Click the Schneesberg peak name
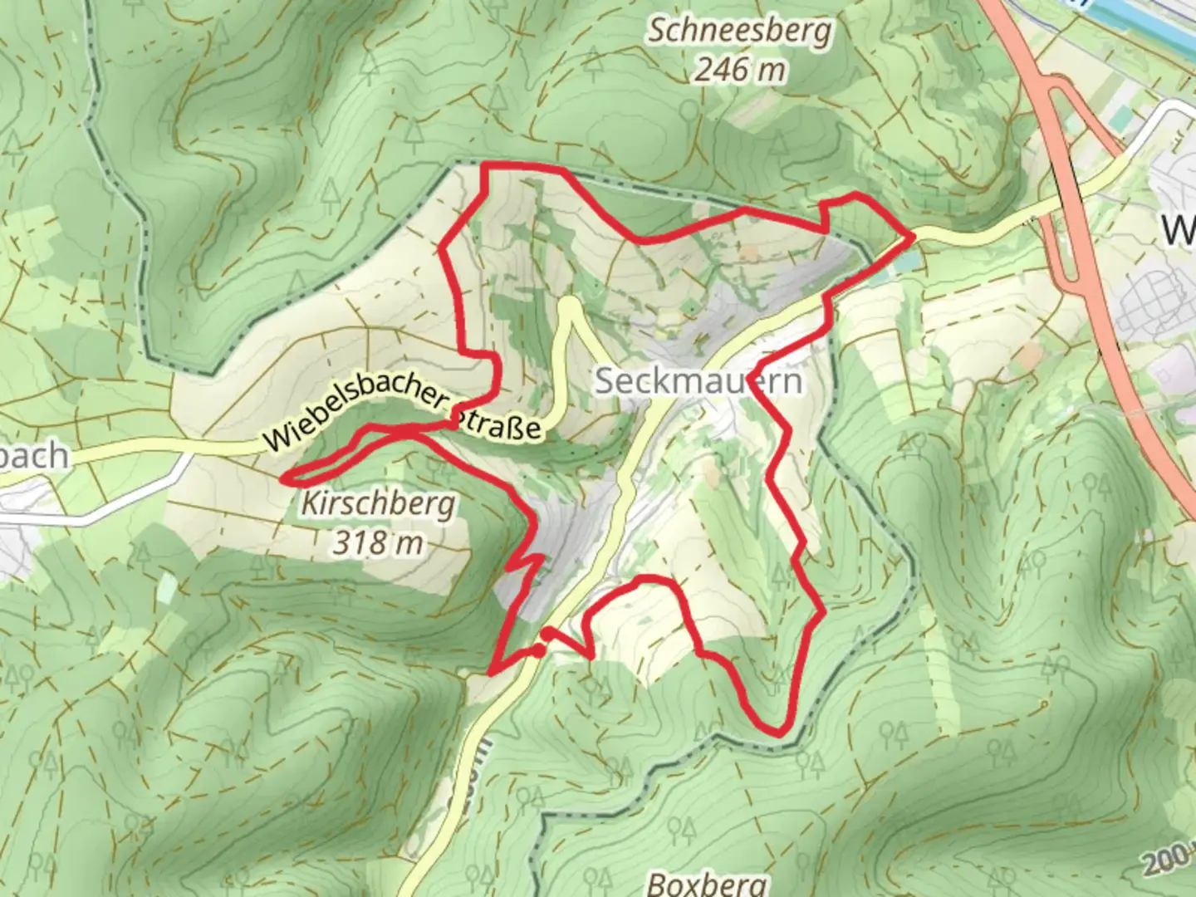(x=739, y=32)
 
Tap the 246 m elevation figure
(x=739, y=70)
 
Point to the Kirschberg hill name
(x=379, y=503)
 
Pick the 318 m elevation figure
(x=379, y=542)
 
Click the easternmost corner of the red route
(x=913, y=237)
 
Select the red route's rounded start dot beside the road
(x=539, y=651)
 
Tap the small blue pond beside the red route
(x=905, y=262)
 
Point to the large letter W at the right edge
(x=1179, y=228)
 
